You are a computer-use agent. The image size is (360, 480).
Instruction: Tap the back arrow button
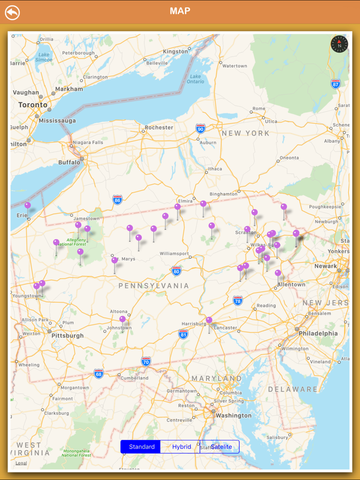(x=12, y=12)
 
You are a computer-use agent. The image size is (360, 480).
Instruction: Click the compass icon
(x=339, y=44)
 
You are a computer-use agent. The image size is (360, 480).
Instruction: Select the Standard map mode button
(x=141, y=447)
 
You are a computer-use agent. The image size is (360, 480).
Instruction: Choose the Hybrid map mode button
(x=182, y=447)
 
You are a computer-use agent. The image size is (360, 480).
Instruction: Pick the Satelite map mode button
(x=221, y=447)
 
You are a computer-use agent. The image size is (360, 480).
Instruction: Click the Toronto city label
(x=33, y=105)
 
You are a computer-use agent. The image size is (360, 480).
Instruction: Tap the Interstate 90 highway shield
(x=200, y=128)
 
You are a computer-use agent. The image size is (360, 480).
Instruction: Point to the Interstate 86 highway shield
(x=118, y=199)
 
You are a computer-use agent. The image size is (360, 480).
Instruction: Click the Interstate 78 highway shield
(x=238, y=300)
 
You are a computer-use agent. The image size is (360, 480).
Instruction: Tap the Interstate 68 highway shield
(x=99, y=373)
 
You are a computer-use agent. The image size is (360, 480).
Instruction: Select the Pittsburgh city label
(x=67, y=336)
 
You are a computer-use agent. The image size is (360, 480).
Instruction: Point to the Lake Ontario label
(x=195, y=78)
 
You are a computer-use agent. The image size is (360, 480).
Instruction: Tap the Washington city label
(x=234, y=415)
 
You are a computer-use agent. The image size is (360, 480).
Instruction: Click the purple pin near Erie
(x=28, y=206)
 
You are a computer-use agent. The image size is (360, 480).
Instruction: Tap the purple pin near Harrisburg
(x=209, y=321)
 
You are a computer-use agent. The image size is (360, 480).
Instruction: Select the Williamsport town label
(x=174, y=253)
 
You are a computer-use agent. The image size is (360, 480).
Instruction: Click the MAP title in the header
(x=180, y=11)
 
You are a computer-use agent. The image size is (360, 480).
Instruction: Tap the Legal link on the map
(x=21, y=463)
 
